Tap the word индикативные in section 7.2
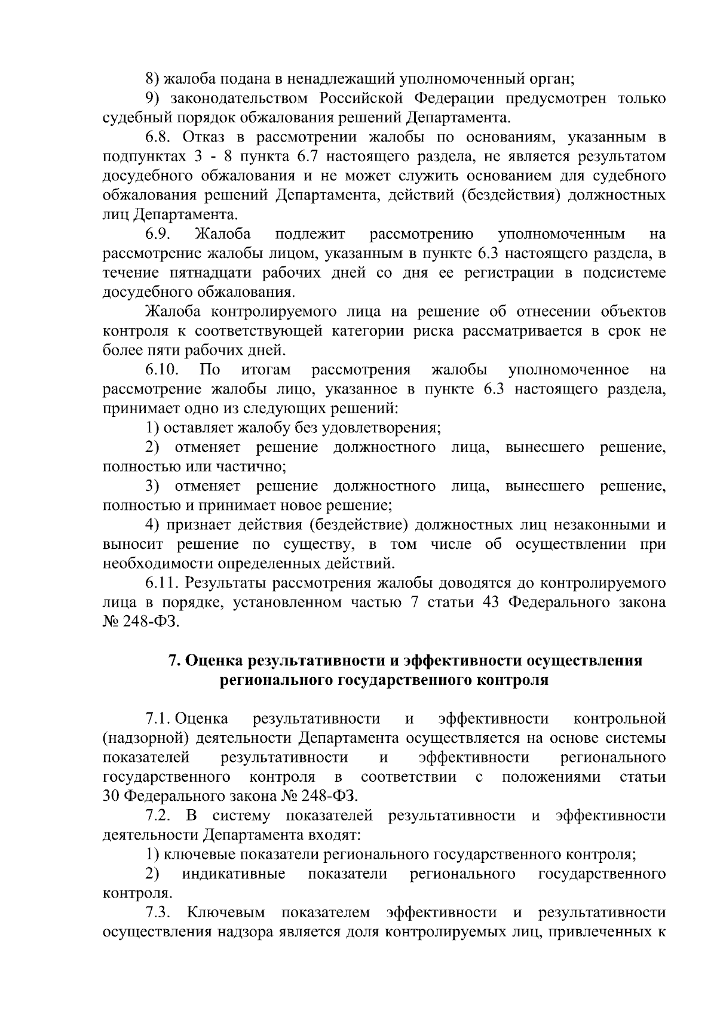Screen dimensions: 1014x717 coord(234,874)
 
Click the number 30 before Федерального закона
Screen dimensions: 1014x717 coord(112,797)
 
